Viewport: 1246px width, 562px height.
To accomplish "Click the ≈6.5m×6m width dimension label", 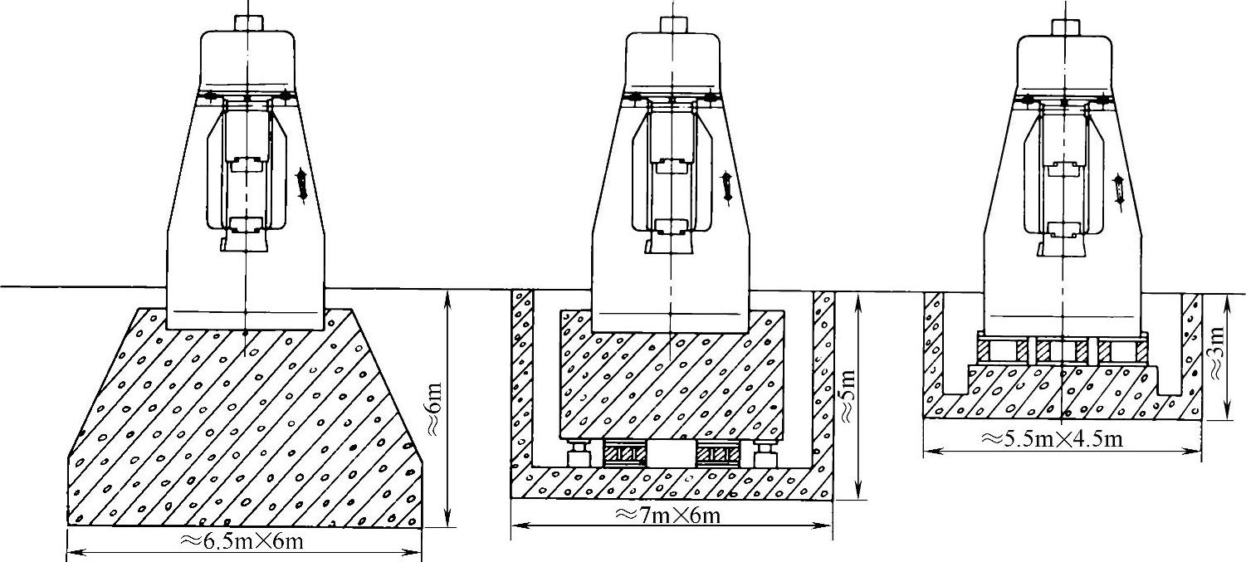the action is [242, 541].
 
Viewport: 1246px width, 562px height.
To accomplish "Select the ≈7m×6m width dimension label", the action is [668, 516].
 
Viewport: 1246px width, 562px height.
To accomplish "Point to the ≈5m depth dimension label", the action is [847, 396].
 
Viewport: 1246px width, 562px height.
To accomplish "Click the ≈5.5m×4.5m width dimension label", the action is [1051, 440].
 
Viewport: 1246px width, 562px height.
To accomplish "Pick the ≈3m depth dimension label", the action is [1216, 353].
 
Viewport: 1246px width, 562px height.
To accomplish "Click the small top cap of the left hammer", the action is [249, 23].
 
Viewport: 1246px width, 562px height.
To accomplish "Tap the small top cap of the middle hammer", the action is [673, 24].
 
